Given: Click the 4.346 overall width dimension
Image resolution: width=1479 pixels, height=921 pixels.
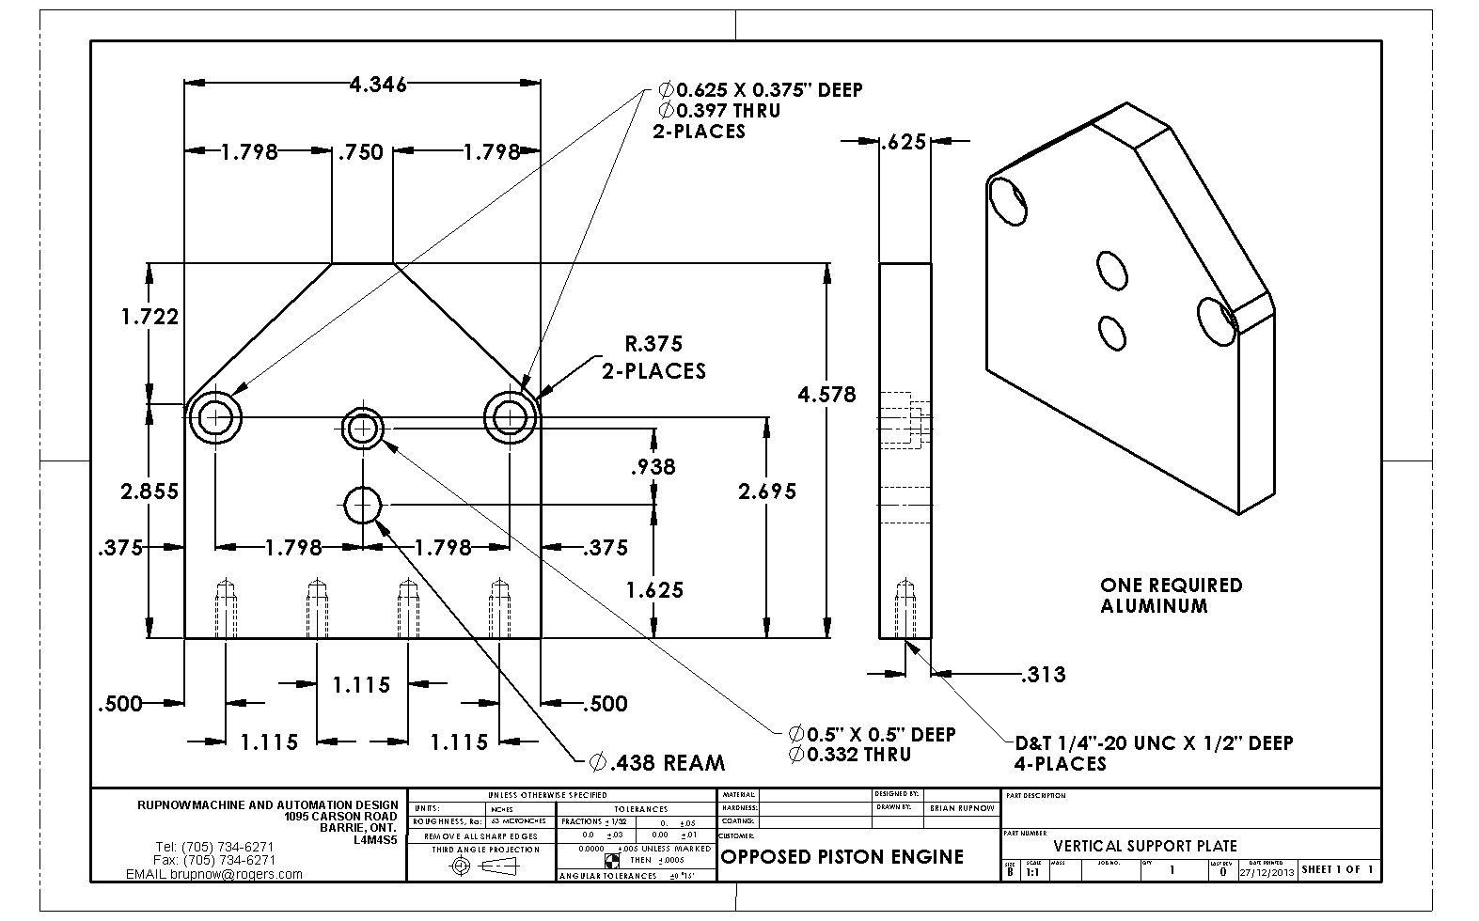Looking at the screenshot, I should pos(378,85).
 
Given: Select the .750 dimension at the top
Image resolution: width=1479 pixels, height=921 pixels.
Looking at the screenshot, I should pos(361,151).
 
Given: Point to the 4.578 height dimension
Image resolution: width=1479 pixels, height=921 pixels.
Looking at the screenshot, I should pos(826,394).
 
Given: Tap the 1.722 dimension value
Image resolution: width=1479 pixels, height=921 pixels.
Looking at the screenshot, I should pos(149,317).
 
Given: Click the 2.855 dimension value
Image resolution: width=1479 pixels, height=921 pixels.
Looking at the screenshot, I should pos(149,491).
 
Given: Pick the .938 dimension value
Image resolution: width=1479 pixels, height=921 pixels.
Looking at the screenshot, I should pos(653,466).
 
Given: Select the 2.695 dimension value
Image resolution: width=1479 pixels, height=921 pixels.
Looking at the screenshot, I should pos(767,491).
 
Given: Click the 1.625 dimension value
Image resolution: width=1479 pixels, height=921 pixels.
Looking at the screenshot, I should pos(654,590).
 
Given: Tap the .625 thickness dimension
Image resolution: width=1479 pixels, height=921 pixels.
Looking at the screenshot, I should pos(903,142).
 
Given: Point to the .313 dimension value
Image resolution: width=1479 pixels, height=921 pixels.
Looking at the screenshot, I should pos(1043,674).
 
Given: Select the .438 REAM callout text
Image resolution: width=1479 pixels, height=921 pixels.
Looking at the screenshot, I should pos(657,762).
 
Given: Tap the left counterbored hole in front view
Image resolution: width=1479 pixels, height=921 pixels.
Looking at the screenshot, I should pos(215,415).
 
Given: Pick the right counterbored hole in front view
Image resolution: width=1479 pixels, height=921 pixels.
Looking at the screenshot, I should pos(511,415).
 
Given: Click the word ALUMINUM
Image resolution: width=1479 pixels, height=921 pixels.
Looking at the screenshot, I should pos(1154,606).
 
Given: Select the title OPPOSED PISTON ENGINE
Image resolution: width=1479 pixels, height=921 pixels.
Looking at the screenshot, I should pos(842,857).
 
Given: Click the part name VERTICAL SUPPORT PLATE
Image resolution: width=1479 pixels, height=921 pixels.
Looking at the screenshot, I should pos(1144,846).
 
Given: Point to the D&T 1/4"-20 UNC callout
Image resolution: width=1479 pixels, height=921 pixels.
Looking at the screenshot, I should pos(1154,742).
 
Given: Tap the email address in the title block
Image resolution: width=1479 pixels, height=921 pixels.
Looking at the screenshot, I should pos(214,874).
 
